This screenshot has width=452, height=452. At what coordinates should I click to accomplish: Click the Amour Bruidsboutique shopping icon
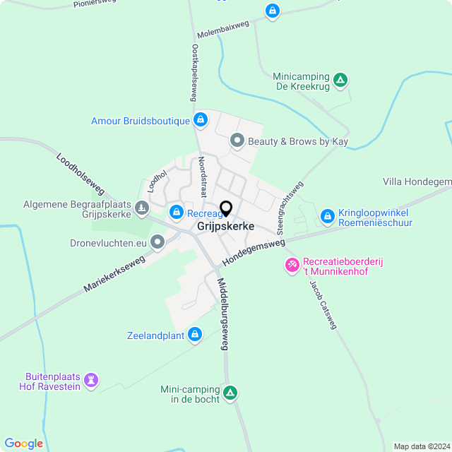pyautogui.click(x=201, y=120)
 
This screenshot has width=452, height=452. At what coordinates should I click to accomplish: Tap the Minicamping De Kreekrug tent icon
pyautogui.click(x=340, y=80)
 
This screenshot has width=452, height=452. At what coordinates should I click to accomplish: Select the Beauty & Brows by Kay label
pyautogui.click(x=297, y=141)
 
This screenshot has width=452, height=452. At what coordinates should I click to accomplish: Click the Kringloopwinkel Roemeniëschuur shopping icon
pyautogui.click(x=327, y=215)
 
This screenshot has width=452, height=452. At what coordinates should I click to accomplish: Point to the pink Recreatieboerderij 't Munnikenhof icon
pyautogui.click(x=291, y=265)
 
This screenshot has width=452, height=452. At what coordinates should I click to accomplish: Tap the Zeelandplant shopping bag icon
pyautogui.click(x=195, y=334)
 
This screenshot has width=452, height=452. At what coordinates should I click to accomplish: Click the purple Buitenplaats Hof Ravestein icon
pyautogui.click(x=90, y=380)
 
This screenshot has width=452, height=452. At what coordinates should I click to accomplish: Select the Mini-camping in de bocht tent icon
pyautogui.click(x=230, y=393)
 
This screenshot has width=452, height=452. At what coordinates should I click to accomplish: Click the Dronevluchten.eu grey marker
pyautogui.click(x=157, y=242)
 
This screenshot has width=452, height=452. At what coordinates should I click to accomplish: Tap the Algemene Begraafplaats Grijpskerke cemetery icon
pyautogui.click(x=142, y=208)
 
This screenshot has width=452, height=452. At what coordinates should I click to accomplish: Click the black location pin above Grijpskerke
pyautogui.click(x=226, y=209)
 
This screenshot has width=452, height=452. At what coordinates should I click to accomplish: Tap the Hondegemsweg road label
pyautogui.click(x=253, y=252)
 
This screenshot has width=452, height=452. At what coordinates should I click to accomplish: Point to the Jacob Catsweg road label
pyautogui.click(x=323, y=305)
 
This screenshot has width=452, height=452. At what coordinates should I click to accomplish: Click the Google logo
pyautogui.click(x=23, y=443)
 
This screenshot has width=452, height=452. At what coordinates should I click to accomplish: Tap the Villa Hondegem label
pyautogui.click(x=417, y=182)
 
